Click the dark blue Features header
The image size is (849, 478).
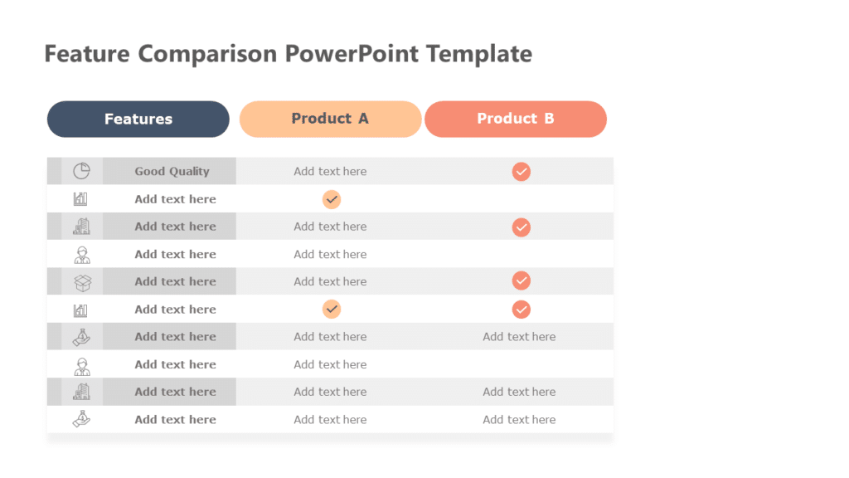point(138,119)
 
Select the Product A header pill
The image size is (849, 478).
point(330,119)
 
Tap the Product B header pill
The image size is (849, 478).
point(515,119)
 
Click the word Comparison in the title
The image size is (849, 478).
point(208,54)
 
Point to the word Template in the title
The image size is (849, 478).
point(479,54)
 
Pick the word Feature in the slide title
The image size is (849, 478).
point(87,54)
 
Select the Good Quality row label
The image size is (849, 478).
point(172,172)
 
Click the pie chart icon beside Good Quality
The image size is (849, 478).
point(81,171)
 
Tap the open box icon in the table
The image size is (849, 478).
point(82,282)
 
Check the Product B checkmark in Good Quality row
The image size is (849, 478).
point(521,172)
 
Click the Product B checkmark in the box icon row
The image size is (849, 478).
point(521,281)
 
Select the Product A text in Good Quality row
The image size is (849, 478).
point(330,172)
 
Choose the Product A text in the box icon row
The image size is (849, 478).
point(330,282)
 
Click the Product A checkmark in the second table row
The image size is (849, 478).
point(332,199)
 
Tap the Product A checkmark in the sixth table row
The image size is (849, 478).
point(332,310)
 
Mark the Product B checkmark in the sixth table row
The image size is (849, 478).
point(521,310)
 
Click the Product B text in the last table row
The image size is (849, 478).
point(519,420)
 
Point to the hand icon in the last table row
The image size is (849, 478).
point(81,419)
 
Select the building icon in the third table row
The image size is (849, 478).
point(81,227)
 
